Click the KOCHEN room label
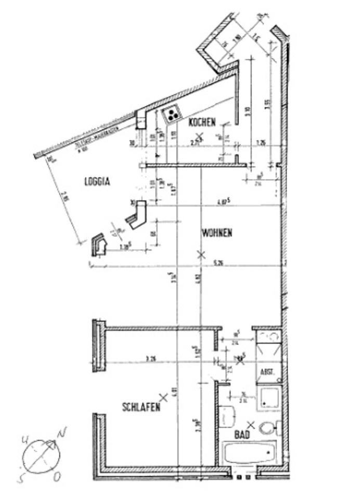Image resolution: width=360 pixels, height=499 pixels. point(202,123)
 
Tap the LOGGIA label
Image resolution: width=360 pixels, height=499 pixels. point(97,181)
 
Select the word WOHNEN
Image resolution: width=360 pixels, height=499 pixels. point(216,233)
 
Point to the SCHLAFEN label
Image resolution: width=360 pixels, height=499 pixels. point(140,407)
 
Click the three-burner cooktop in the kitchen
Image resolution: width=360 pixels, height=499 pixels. point(172,114)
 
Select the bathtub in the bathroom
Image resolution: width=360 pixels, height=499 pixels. point(249,454)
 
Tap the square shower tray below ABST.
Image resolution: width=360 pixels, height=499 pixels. point(269,397)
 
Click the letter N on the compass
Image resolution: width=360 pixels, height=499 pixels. point(62,432)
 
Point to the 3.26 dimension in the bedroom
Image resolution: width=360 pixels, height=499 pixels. point(151,358)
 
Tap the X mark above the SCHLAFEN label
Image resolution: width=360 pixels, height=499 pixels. point(163,397)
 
